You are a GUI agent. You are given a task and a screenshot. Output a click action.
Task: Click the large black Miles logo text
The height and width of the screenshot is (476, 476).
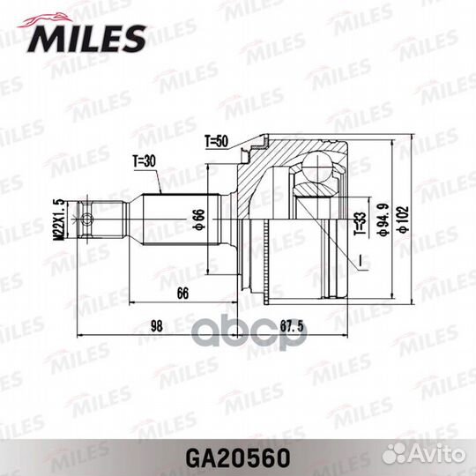[86, 39]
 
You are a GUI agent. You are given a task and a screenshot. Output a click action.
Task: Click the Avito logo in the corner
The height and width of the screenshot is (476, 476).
[423, 455]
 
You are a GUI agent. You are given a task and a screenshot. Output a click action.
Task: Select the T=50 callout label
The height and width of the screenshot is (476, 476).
[217, 141]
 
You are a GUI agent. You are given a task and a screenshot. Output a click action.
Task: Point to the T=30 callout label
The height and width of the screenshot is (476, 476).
[145, 161]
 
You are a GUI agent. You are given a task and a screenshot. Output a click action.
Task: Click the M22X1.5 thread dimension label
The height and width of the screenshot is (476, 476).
[59, 219]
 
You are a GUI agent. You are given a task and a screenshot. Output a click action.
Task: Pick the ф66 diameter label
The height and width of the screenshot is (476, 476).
[199, 219]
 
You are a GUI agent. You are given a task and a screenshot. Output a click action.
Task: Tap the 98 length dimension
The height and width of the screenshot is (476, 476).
[157, 326]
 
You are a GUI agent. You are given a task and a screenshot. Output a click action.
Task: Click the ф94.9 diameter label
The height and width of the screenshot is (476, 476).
[383, 219]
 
